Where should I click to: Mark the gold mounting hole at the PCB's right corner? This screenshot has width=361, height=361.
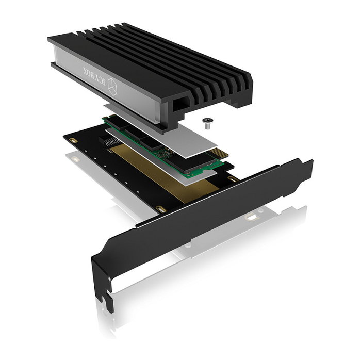[232, 180]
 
